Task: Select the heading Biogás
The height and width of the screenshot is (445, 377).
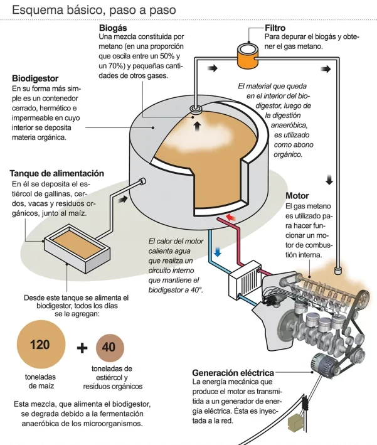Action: [113, 28]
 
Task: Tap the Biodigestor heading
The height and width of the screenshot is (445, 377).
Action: [35, 78]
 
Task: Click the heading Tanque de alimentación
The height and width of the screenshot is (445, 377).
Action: [56, 173]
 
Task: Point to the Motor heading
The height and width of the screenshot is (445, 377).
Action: [297, 196]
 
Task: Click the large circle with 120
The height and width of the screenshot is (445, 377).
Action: [41, 345]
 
